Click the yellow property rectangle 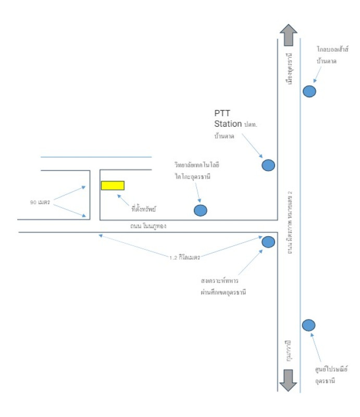[x=113, y=185]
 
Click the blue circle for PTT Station [x=268, y=165]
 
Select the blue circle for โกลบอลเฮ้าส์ [x=309, y=92]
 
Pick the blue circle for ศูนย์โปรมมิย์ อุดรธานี [x=308, y=325]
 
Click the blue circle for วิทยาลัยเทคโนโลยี [x=201, y=210]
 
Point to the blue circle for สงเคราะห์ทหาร [x=268, y=242]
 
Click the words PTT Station [x=228, y=118]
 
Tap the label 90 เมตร [x=40, y=202]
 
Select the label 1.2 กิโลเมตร [x=185, y=257]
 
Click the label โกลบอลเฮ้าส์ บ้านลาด [x=332, y=54]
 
